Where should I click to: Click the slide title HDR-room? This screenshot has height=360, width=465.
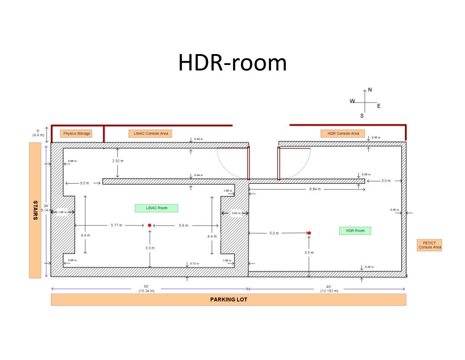tap(232, 63)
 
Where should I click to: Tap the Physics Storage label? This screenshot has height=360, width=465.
tap(76, 134)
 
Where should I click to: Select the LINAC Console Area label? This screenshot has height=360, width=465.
tap(151, 134)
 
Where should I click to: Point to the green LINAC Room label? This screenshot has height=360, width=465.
tap(156, 208)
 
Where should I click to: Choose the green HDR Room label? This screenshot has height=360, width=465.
tap(355, 231)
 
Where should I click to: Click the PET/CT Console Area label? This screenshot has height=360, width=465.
tap(429, 245)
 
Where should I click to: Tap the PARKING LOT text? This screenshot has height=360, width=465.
tap(228, 300)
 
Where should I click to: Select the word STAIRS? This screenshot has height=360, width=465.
tap(35, 210)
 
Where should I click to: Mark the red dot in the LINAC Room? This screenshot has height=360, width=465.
tap(149, 225)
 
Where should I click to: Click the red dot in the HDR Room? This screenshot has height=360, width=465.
tap(309, 233)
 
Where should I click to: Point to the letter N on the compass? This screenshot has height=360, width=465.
tap(370, 90)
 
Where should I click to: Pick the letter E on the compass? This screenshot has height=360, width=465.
tap(379, 106)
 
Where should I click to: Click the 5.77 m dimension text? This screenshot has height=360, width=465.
tap(116, 225)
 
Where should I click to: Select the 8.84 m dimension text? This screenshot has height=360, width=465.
tap(315, 189)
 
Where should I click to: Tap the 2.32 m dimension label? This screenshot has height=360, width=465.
tap(118, 161)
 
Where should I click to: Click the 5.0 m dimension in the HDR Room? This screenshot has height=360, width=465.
tap(274, 233)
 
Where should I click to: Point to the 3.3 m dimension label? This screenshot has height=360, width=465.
tap(150, 248)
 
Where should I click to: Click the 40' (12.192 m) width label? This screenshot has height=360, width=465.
tap(329, 288)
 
